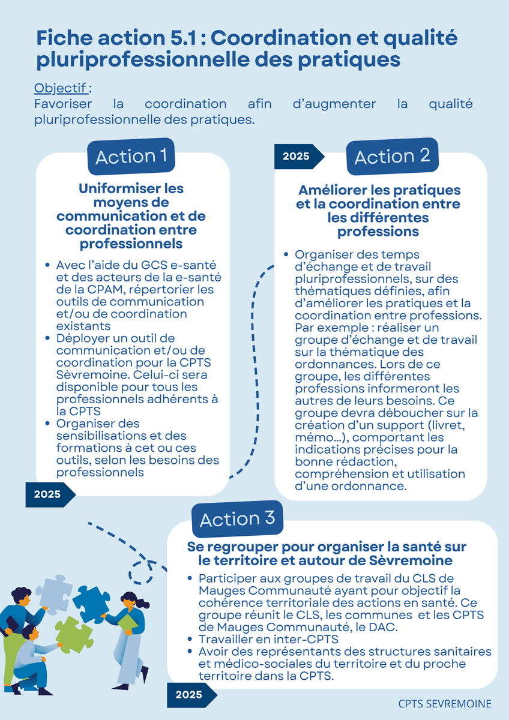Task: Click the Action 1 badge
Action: [x=131, y=157]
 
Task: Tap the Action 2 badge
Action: [x=393, y=157]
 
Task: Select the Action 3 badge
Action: [x=237, y=519]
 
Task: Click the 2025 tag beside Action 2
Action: [x=299, y=157]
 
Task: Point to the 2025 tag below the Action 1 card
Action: [x=50, y=494]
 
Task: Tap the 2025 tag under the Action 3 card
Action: [x=192, y=695]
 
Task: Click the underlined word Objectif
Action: [x=61, y=88]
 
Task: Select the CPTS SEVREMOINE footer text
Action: [x=445, y=704]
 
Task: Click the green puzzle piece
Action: [x=74, y=635]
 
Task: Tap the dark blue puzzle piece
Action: [x=91, y=605]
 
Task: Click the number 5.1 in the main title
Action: [x=183, y=38]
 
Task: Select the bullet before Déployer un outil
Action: [x=47, y=338]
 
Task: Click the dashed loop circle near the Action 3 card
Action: [x=140, y=572]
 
